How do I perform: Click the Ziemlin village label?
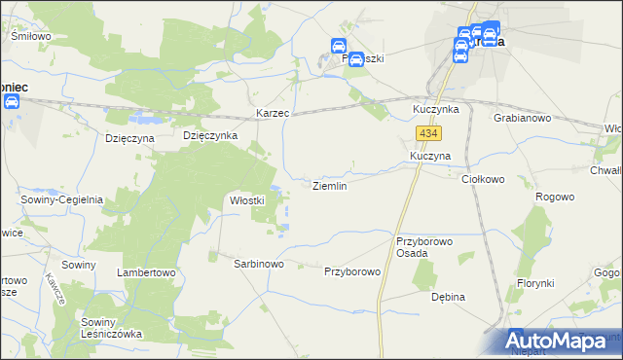(x=328, y=185)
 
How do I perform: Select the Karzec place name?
(x=274, y=114)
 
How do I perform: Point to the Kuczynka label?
(x=435, y=108)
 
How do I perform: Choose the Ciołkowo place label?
(x=482, y=179)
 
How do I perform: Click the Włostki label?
(x=246, y=200)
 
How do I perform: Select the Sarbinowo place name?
(x=258, y=264)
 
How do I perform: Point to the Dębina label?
(x=449, y=297)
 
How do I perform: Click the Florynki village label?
(x=535, y=283)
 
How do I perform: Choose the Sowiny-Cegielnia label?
(x=62, y=199)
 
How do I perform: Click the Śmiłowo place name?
(x=30, y=36)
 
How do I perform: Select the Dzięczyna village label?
(x=130, y=138)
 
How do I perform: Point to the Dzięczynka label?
(x=210, y=136)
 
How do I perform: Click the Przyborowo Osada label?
(x=425, y=246)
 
